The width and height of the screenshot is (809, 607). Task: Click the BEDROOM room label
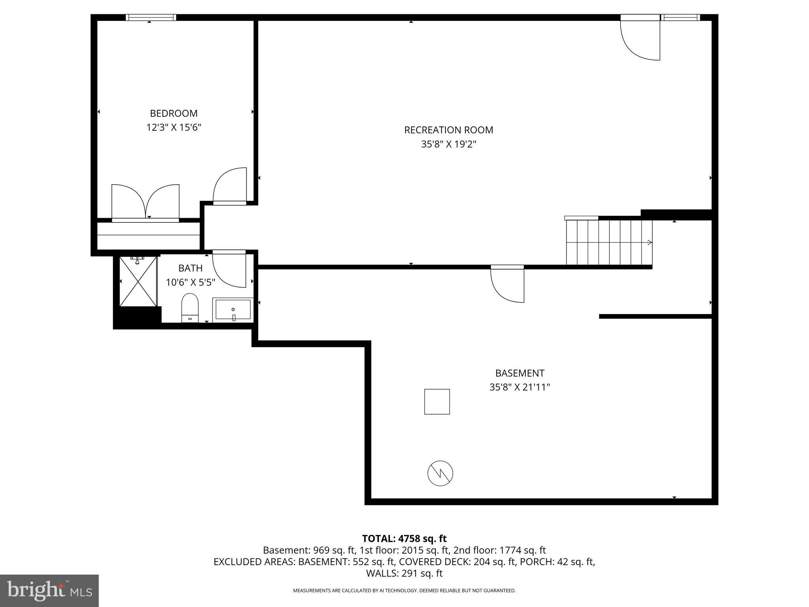pyautogui.click(x=174, y=113)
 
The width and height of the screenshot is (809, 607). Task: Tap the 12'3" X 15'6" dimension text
pyautogui.click(x=174, y=128)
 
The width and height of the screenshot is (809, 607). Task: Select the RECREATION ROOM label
pyautogui.click(x=448, y=130)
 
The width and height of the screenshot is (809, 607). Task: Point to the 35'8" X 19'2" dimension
pyautogui.click(x=448, y=144)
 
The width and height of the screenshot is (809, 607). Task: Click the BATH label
pyautogui.click(x=190, y=268)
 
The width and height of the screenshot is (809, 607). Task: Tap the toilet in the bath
pyautogui.click(x=190, y=307)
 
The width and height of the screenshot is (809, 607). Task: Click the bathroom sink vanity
pyautogui.click(x=233, y=309)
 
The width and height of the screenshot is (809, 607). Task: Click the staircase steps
pyautogui.click(x=608, y=242)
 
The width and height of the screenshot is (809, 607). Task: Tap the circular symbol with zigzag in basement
pyautogui.click(x=440, y=473)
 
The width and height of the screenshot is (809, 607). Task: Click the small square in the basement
pyautogui.click(x=437, y=402)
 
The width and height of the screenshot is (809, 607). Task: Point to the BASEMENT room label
pyautogui.click(x=519, y=373)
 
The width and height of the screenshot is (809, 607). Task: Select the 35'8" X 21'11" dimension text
pyautogui.click(x=519, y=387)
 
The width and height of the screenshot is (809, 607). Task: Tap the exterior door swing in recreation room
pyautogui.click(x=640, y=40)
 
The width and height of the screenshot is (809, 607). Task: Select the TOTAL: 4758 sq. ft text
pyautogui.click(x=404, y=539)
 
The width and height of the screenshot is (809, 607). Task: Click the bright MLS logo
pyautogui.click(x=49, y=590)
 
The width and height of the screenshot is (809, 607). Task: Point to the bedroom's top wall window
pyautogui.click(x=151, y=17)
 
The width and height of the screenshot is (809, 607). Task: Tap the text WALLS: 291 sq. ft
pyautogui.click(x=404, y=573)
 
